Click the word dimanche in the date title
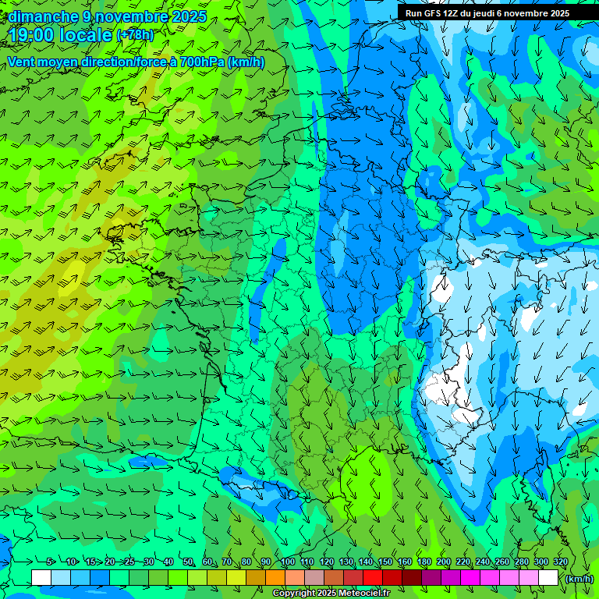pyautogui.click(x=42, y=16)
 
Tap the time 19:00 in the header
pyautogui.click(x=35, y=35)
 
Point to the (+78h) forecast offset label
pyautogui.click(x=135, y=35)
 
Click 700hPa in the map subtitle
pyautogui.click(x=202, y=62)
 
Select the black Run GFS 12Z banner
pyautogui.click(x=486, y=13)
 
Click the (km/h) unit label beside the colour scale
pyautogui.click(x=579, y=579)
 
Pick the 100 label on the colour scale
pyautogui.click(x=287, y=562)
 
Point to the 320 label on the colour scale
pyautogui.click(x=561, y=562)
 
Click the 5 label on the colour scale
pyautogui.click(x=51, y=562)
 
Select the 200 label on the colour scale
pyautogui.click(x=444, y=562)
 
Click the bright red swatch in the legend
pyautogui.click(x=373, y=578)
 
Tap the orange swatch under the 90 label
pyautogui.click(x=275, y=578)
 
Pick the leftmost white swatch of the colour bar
pyautogui.click(x=41, y=578)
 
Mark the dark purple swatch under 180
pyautogui.click(x=431, y=578)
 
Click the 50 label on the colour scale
pyautogui.click(x=188, y=562)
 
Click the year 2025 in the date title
pyautogui.click(x=190, y=16)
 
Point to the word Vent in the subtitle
pyautogui.click(x=21, y=62)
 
